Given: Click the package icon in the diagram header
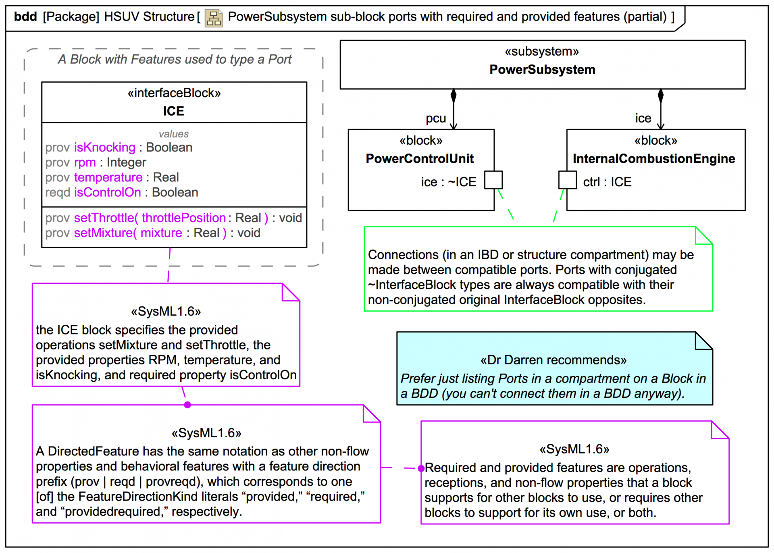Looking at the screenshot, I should pos(214,18).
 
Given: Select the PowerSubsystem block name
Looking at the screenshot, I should pos(542,70).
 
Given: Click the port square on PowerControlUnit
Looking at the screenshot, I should pos(493,180).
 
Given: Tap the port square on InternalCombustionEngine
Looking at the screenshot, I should pos(567,180).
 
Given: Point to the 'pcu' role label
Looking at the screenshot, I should pos(436,118).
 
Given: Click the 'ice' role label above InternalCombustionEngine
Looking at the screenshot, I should pos(643,118).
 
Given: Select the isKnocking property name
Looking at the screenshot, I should pos(104,148).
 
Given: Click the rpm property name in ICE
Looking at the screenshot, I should pos(85,162).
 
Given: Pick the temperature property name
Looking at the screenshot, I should pos(108,177).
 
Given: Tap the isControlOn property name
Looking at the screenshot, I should pos(107,192).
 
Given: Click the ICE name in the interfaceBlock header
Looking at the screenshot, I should pos(173,111).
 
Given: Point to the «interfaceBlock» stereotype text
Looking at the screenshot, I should pos(174,93).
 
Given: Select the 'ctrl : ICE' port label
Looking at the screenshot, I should pos(607,182).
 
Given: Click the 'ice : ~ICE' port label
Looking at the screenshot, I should pos(448,182).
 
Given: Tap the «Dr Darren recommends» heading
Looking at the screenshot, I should pos(553,360).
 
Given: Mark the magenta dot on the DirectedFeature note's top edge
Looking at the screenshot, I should pos(187,405).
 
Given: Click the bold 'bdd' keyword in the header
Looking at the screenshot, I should pos(25,17).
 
